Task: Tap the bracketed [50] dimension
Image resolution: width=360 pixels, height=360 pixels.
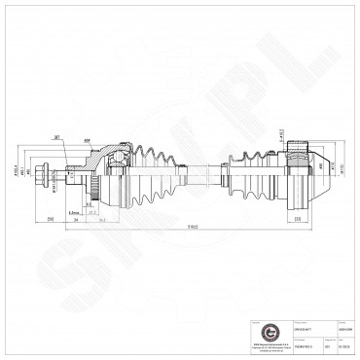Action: (51, 220)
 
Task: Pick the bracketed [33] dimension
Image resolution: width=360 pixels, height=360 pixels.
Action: (296, 220)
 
